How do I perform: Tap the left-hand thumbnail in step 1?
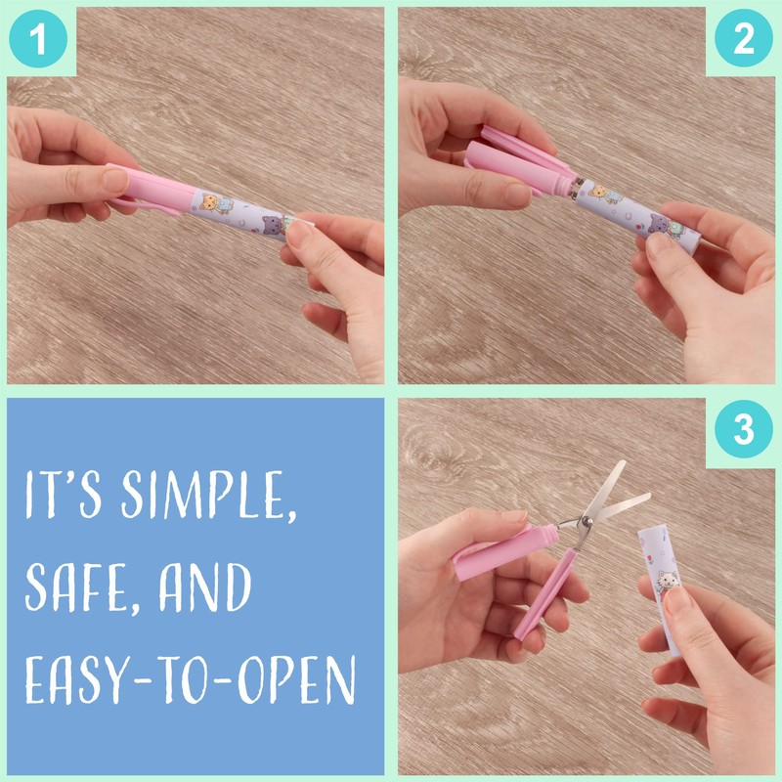115,181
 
